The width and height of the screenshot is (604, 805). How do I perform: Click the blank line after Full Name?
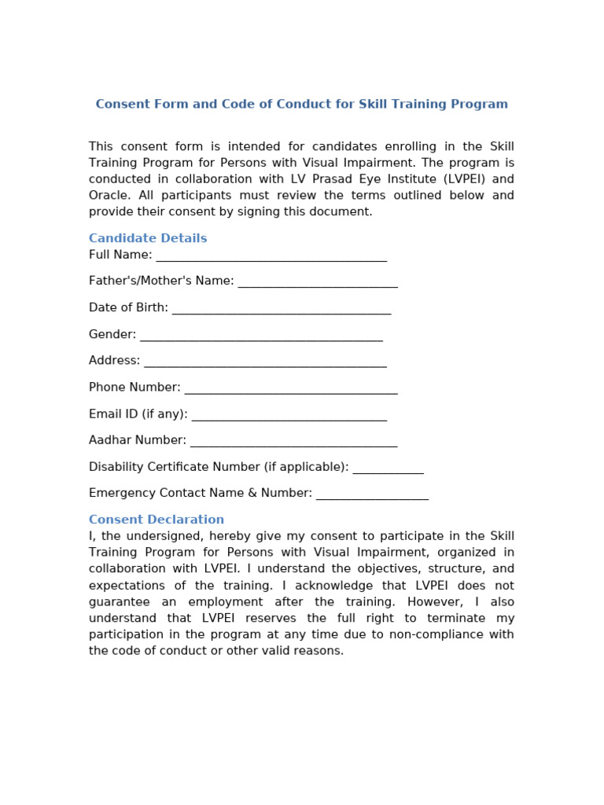click(271, 256)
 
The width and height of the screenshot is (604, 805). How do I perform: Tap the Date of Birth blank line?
click(282, 309)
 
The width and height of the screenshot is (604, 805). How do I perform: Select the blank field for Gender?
click(261, 336)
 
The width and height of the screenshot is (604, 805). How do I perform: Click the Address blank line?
click(266, 362)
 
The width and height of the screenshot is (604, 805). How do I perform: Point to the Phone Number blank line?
click(291, 389)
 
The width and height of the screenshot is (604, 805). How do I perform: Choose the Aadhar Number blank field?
click(294, 442)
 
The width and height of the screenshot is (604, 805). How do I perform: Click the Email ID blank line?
click(289, 415)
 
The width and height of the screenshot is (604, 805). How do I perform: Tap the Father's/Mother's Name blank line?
click(318, 282)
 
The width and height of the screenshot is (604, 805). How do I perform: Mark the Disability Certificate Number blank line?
click(389, 469)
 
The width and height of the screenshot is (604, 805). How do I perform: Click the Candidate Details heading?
click(148, 238)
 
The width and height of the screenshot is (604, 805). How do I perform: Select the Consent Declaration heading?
click(157, 520)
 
